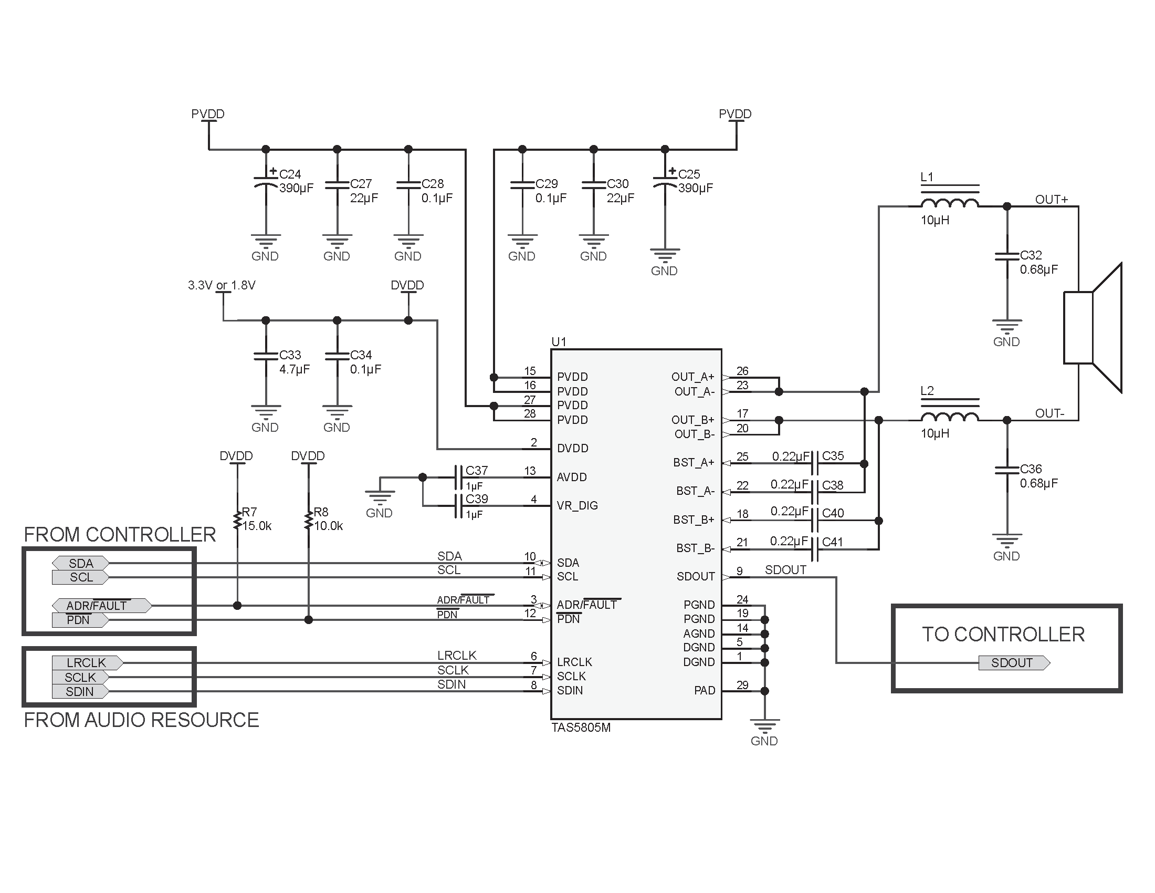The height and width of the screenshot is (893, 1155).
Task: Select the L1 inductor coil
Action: point(949,203)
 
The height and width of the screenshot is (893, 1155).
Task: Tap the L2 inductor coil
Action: point(949,417)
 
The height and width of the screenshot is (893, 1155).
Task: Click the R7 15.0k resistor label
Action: point(257,519)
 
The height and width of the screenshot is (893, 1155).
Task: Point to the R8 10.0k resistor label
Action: point(328,519)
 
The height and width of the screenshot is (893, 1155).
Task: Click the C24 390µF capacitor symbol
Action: point(266,182)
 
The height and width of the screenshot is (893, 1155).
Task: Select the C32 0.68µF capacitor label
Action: point(1037,263)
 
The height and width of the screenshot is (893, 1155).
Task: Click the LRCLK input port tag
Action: point(87,663)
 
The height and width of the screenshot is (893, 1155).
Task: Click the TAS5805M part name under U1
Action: point(581,728)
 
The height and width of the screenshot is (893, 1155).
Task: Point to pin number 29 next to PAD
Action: point(742,685)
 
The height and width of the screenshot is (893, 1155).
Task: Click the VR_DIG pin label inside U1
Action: point(577,505)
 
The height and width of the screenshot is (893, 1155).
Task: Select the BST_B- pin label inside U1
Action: point(695,548)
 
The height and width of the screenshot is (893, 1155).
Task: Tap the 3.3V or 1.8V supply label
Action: point(222,286)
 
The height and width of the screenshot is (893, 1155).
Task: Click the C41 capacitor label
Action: point(833,542)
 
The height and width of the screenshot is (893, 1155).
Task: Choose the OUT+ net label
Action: point(1052,200)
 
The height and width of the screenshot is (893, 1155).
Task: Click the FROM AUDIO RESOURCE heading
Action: point(141,720)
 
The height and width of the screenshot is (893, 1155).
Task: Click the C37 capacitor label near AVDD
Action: point(477,470)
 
